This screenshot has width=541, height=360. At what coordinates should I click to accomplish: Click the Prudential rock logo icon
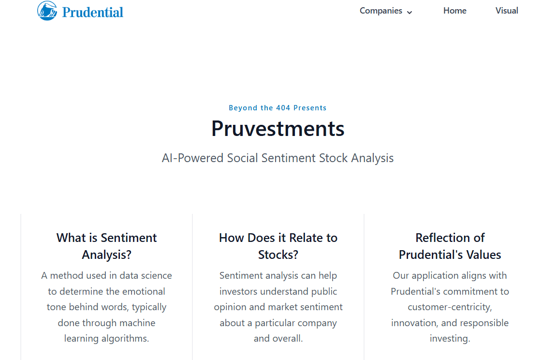(47, 11)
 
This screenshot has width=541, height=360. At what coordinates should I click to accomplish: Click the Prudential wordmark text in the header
(93, 12)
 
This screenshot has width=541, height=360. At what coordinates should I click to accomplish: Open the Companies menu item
(380, 11)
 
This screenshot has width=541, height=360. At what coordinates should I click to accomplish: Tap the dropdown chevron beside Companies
(409, 12)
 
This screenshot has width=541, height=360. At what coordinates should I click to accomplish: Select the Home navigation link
(454, 11)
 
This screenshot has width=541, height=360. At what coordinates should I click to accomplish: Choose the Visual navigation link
(506, 11)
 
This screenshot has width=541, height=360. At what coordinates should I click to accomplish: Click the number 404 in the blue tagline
(283, 108)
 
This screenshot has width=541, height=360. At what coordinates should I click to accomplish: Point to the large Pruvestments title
(278, 129)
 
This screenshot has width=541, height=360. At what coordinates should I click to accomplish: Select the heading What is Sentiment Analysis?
(106, 246)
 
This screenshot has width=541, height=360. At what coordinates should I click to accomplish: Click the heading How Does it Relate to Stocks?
(278, 246)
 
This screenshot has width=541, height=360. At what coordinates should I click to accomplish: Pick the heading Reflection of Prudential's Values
(450, 246)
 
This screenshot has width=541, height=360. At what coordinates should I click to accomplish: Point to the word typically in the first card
(149, 307)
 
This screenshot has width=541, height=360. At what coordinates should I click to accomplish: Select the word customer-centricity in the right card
(450, 307)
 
